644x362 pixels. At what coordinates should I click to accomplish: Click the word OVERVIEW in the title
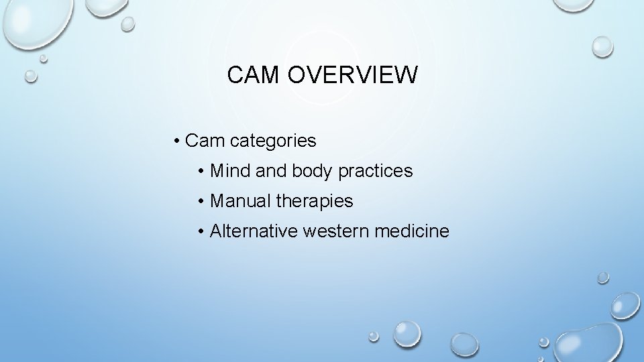tap(353, 75)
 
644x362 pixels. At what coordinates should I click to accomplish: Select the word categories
tap(273, 141)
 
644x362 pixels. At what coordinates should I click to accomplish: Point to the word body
tap(313, 171)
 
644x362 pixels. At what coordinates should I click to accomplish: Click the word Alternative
tap(254, 231)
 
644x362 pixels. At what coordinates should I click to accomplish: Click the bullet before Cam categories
tap(176, 141)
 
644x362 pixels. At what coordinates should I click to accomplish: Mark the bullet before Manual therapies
tap(202, 200)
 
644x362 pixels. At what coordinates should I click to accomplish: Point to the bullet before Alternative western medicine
tap(202, 231)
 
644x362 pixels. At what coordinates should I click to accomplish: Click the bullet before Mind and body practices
tap(202, 171)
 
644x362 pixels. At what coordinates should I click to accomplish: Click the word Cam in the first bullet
tap(205, 141)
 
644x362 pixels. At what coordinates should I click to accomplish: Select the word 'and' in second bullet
tap(271, 171)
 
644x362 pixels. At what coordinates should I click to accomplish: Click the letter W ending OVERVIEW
tap(405, 75)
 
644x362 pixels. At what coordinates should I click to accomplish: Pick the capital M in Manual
tap(218, 200)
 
